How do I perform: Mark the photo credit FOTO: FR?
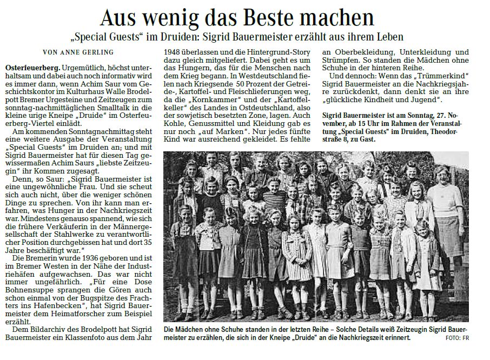[x=456, y=338]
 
